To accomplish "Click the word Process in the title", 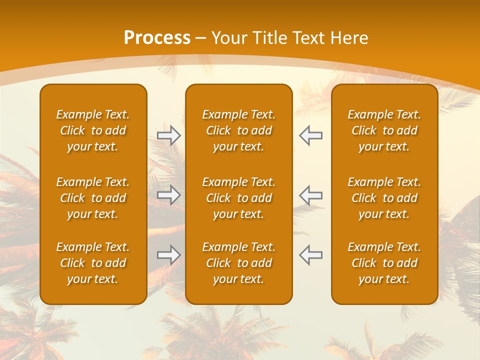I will coord(157,38).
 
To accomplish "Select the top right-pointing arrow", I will coord(168,135).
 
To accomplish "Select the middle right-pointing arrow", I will coord(168,195).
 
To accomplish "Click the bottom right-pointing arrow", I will coord(168,255).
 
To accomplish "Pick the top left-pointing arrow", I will coord(311,135).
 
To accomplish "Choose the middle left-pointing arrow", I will coord(311,195).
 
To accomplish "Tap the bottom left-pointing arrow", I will coord(311,255).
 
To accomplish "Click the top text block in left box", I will coord(93,130).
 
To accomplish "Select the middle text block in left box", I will coord(93,198).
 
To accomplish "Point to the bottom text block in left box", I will coord(93,263).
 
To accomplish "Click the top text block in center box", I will coord(239,130).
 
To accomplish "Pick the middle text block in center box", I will coord(239,198).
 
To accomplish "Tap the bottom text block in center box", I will coord(239,263).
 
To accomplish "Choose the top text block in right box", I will coord(384,130).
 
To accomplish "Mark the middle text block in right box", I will coord(384,198).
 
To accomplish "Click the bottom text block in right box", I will coord(384,263).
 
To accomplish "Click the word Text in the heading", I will coord(308,38).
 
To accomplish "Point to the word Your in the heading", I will coord(229,38).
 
